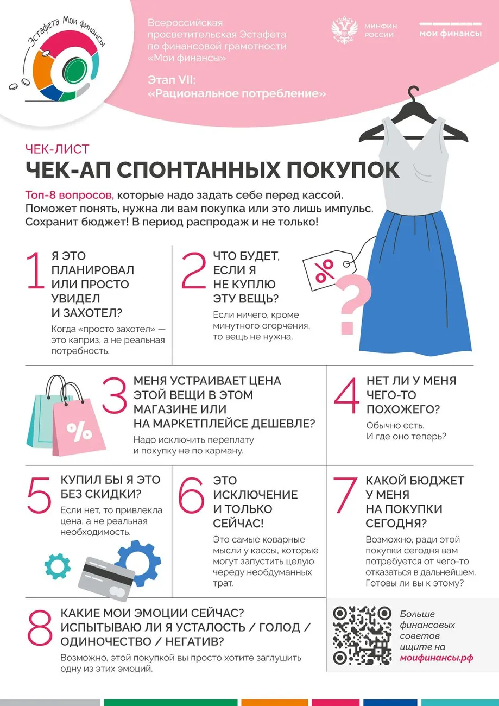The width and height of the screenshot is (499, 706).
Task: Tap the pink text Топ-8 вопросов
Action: pyautogui.click(x=70, y=195)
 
